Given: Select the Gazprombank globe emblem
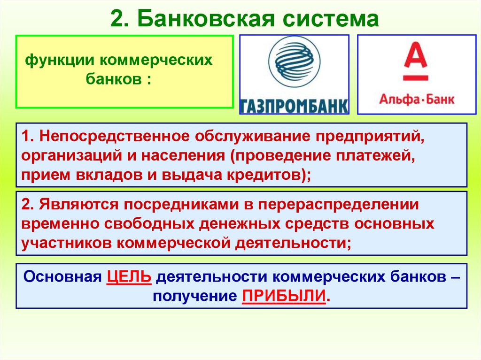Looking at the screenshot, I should tap(294, 61).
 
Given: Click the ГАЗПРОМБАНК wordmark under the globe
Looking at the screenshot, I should tap(294, 106).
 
